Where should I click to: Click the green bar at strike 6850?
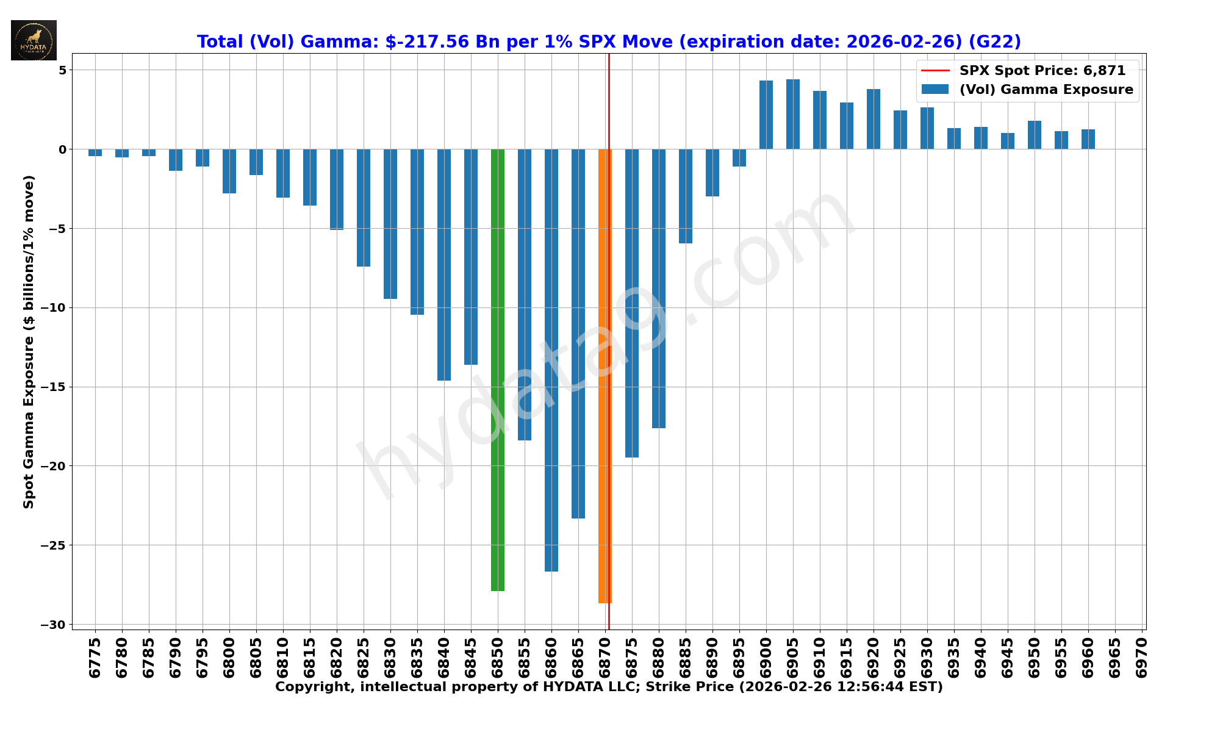tap(498, 370)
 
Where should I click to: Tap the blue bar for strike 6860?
tap(551, 360)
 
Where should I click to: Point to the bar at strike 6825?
tap(364, 207)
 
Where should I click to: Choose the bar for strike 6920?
tap(874, 119)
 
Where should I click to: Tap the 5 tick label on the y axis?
tap(63, 70)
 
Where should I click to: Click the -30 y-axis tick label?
tap(54, 625)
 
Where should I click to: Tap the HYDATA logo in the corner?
tap(34, 40)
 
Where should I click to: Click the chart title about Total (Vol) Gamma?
tap(609, 41)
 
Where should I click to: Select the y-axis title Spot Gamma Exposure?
tap(29, 342)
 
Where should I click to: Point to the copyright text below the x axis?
tap(609, 687)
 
